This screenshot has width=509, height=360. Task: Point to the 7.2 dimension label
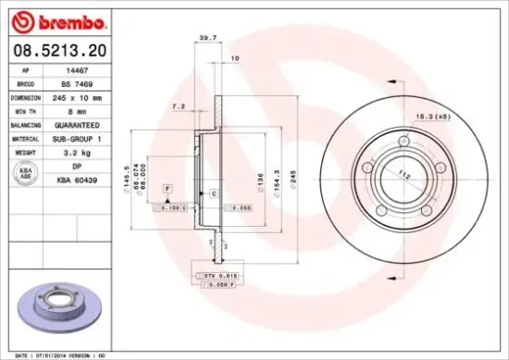click(179, 107)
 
